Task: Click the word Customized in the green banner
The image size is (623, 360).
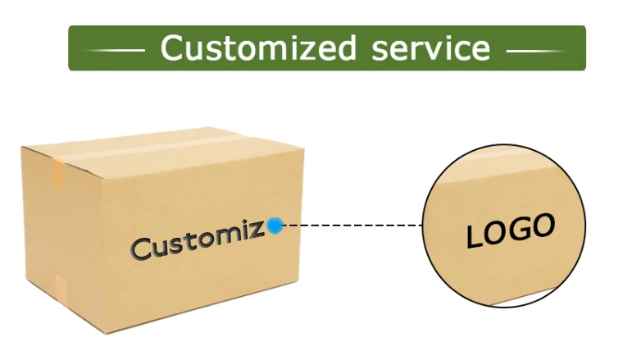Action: (258, 48)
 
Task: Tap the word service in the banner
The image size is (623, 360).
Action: (430, 48)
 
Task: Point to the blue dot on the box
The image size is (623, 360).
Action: (275, 225)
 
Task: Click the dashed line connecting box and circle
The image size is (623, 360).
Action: (352, 224)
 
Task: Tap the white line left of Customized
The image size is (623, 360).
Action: (114, 51)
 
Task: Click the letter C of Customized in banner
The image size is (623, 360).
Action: (172, 48)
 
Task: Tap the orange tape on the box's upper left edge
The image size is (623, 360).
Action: (58, 174)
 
